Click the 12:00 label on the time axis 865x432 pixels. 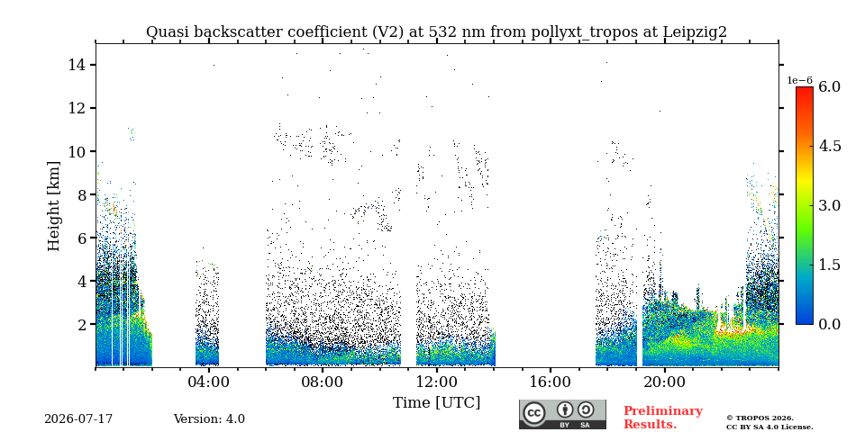click(436, 382)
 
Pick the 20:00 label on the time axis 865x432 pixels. click(664, 382)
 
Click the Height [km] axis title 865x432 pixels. click(53, 206)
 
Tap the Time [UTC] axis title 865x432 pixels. click(436, 403)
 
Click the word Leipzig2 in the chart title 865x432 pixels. click(695, 32)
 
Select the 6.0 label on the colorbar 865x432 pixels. click(829, 86)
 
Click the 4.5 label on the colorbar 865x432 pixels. click(829, 146)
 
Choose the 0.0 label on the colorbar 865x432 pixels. click(829, 324)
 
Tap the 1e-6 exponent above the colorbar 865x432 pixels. click(799, 80)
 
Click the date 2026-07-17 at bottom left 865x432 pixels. click(78, 418)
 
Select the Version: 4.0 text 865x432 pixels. click(209, 418)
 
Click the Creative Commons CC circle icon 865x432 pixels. click(534, 413)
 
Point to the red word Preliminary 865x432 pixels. click(663, 411)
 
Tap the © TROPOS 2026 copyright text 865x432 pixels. click(760, 418)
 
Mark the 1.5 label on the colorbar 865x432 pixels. click(829, 265)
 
